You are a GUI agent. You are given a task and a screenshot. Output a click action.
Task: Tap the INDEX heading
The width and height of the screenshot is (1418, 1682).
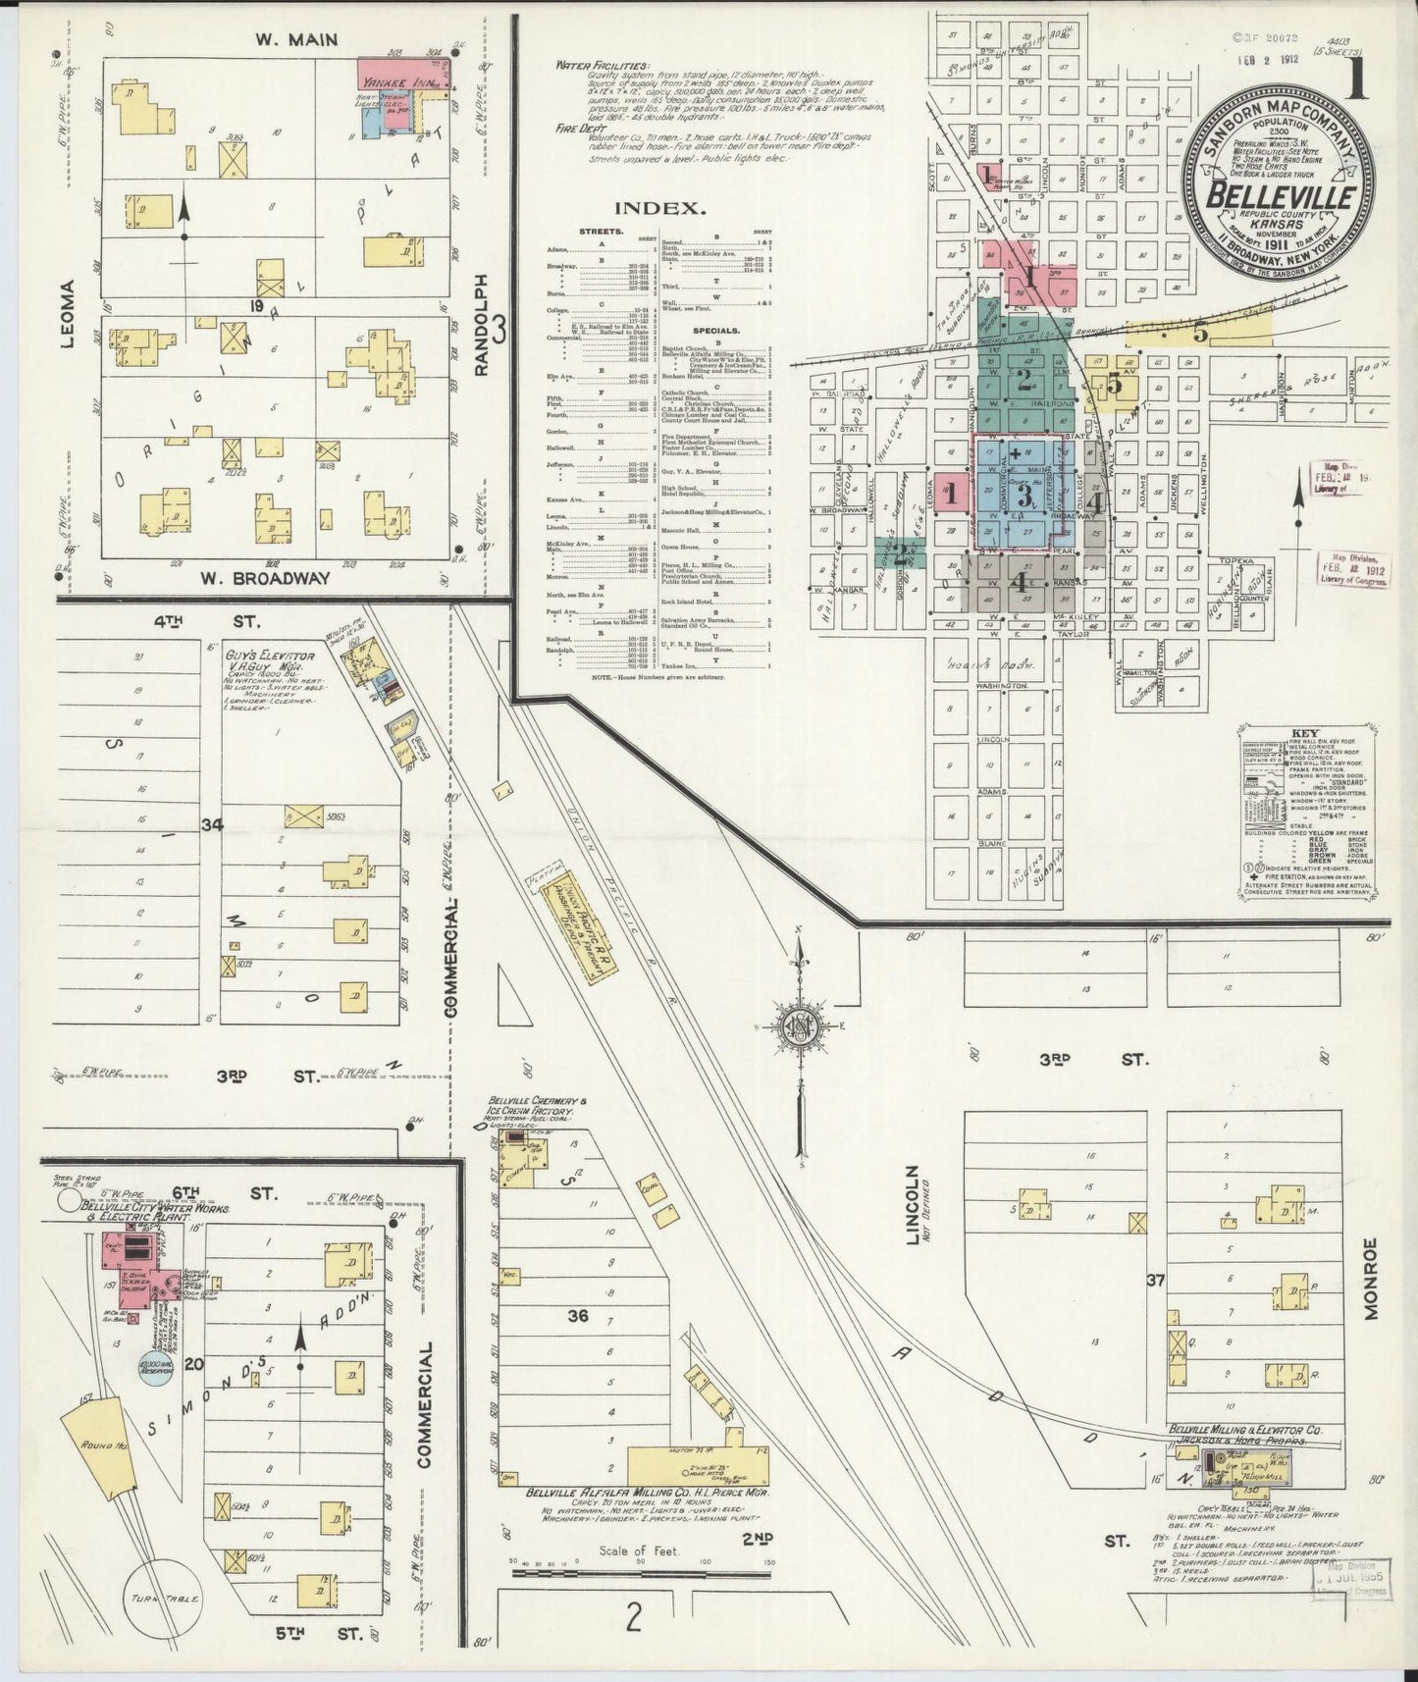pyautogui.click(x=659, y=208)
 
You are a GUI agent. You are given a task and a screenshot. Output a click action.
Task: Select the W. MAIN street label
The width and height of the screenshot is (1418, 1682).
pyautogui.click(x=283, y=39)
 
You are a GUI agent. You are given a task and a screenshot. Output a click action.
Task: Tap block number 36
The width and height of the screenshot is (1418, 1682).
pyautogui.click(x=578, y=1315)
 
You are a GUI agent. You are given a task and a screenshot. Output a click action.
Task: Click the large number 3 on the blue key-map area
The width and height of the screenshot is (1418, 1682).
pyautogui.click(x=1024, y=496)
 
